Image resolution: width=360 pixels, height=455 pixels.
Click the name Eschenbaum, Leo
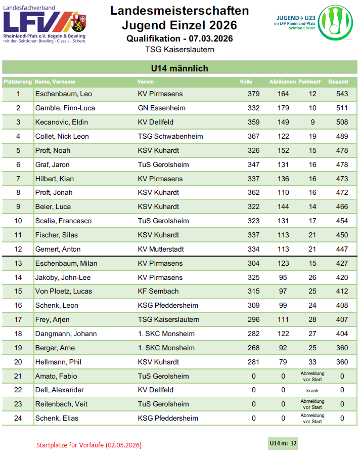63,94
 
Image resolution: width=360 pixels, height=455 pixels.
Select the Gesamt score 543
342,94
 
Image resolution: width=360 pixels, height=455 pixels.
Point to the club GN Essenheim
161,108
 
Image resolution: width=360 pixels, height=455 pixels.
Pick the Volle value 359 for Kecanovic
253,122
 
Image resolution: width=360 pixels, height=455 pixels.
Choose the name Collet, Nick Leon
62,136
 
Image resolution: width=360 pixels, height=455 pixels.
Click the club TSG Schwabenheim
170,136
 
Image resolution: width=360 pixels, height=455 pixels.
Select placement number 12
18,249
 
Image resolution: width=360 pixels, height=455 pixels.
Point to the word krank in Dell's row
312,390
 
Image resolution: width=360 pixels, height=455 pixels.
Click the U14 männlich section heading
179,68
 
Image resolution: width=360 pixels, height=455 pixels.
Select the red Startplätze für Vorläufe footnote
89,445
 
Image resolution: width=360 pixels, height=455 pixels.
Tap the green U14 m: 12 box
283,444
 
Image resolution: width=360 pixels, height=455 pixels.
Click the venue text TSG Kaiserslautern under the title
179,50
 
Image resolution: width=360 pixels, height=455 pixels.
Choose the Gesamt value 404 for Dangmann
342,334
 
